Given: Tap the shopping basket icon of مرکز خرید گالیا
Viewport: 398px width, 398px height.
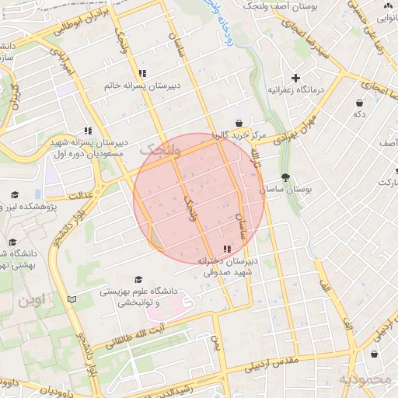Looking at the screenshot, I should click(238, 123).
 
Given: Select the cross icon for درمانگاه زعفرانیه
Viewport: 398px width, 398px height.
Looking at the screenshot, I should click(295, 78).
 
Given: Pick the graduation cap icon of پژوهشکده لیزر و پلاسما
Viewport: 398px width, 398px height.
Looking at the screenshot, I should click(14, 194).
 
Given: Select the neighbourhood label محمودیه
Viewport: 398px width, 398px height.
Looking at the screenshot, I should click(363, 379).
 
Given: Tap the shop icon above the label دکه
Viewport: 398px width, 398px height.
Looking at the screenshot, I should click(359, 103).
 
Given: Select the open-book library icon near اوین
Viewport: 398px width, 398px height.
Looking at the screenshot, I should click(72, 298).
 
